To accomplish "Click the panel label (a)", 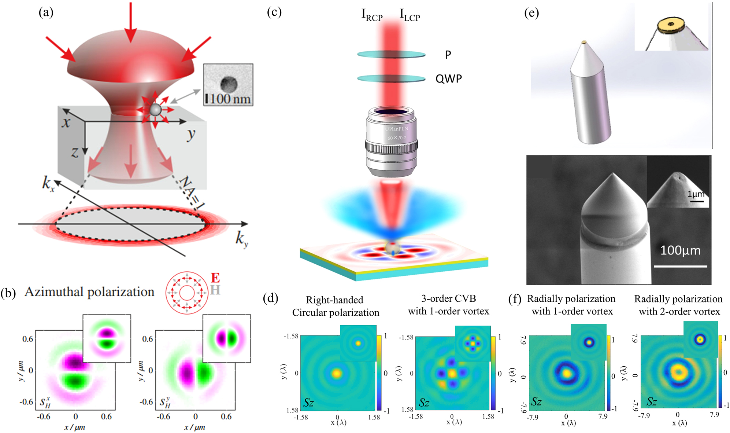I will pyautogui.click(x=46, y=12).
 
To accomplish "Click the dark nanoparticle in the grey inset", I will pyautogui.click(x=229, y=84).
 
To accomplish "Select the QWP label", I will pyautogui.click(x=448, y=78).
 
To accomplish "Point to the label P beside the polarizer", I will pyautogui.click(x=448, y=55).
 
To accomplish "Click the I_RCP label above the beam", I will pyautogui.click(x=371, y=15).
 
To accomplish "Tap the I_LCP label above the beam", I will pyautogui.click(x=410, y=15).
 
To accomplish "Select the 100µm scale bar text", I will pyautogui.click(x=680, y=250).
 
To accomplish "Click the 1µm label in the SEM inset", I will pyautogui.click(x=695, y=194).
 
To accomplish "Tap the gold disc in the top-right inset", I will pyautogui.click(x=671, y=25).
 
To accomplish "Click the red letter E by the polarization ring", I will pyautogui.click(x=215, y=278).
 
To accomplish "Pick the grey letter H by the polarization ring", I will pyautogui.click(x=215, y=290).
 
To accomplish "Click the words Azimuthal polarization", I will pyautogui.click(x=89, y=292).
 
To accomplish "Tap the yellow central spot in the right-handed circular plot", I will pyautogui.click(x=336, y=373).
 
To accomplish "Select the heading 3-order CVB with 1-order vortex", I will pyautogui.click(x=448, y=305).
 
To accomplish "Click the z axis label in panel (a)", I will pyautogui.click(x=75, y=152).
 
